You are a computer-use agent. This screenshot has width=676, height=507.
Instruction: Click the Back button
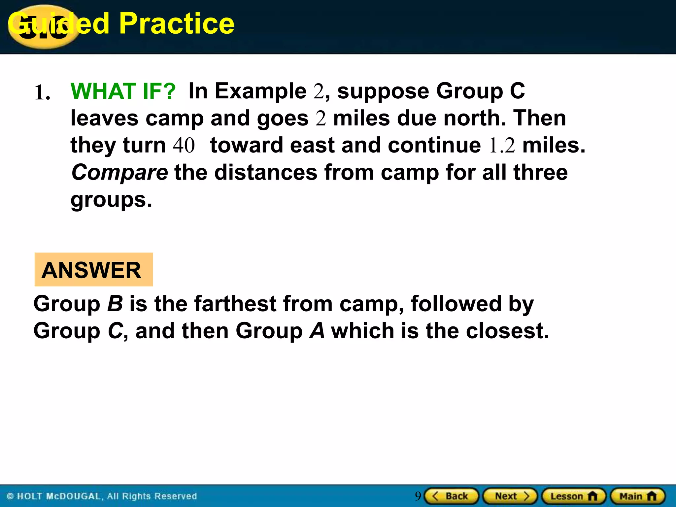[451, 496]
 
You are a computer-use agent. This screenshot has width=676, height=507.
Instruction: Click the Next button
[510, 496]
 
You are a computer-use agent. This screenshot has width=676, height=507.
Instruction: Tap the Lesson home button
[574, 496]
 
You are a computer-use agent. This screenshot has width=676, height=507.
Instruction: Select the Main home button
[638, 496]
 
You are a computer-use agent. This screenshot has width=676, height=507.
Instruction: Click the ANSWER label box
[93, 270]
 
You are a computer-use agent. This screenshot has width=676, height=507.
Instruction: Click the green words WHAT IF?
[123, 91]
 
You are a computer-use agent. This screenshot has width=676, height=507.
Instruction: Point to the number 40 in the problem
[184, 145]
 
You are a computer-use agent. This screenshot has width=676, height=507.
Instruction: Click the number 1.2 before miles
[502, 145]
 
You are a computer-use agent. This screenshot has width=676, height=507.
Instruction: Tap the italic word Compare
[119, 172]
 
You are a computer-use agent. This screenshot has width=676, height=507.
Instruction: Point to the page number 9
[418, 496]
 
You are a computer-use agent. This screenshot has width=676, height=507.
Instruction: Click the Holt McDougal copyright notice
[102, 496]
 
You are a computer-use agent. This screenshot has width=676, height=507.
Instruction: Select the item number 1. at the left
[43, 93]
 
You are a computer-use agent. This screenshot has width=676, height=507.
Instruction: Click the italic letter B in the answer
[115, 304]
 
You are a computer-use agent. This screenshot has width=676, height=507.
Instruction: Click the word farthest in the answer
[235, 304]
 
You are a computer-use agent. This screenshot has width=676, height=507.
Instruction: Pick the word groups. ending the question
[111, 200]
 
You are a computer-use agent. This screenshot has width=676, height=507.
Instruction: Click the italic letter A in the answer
[317, 331]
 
